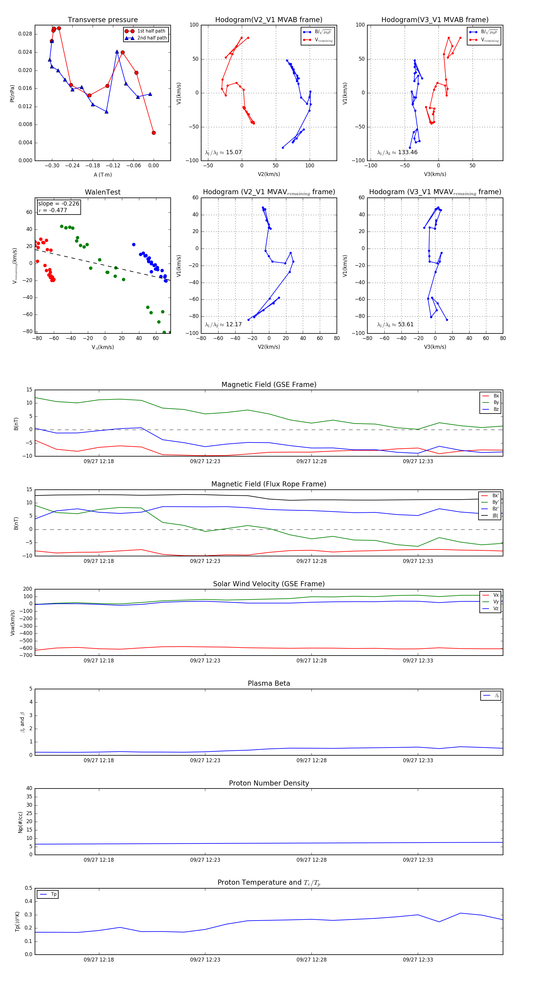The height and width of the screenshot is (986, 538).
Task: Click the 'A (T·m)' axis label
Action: click(x=103, y=174)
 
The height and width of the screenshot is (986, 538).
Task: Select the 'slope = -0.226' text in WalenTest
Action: click(x=59, y=204)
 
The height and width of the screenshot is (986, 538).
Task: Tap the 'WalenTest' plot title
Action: click(x=103, y=192)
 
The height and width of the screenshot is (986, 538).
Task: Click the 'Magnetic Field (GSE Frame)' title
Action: click(x=269, y=385)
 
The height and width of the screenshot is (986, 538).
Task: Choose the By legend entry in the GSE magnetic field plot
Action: click(x=496, y=402)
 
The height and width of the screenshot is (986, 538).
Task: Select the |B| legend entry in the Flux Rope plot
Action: click(x=495, y=516)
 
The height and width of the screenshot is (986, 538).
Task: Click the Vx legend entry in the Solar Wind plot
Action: click(x=496, y=595)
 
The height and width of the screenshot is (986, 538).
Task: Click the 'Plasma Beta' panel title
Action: click(x=269, y=684)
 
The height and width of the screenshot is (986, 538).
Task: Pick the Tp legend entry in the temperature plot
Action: click(x=53, y=895)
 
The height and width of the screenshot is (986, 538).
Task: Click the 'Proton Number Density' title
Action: click(x=269, y=783)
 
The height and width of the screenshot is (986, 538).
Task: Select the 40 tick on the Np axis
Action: click(x=29, y=789)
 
